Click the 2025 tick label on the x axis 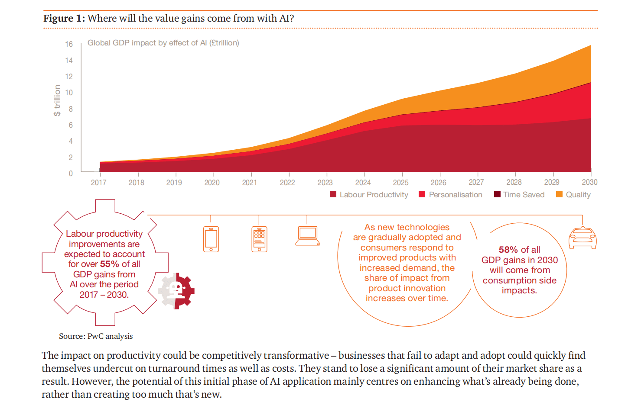tap(400, 183)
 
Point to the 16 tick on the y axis tap(68, 44)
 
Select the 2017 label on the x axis tap(98, 183)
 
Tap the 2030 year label tap(589, 182)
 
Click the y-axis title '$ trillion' tap(57, 100)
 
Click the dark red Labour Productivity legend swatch tap(333, 194)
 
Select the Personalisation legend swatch tap(422, 194)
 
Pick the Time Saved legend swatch tap(497, 194)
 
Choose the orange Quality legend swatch tap(559, 194)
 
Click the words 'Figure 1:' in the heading tap(64, 19)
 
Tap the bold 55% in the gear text tap(110, 264)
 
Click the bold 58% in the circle tap(508, 249)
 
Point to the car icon tap(582, 238)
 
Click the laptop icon tap(308, 236)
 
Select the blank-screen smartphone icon tap(211, 239)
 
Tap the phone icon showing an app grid tap(259, 239)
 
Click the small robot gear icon tap(176, 291)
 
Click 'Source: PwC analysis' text tap(96, 336)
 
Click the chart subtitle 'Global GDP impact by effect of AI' tap(147, 43)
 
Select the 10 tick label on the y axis tap(68, 93)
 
